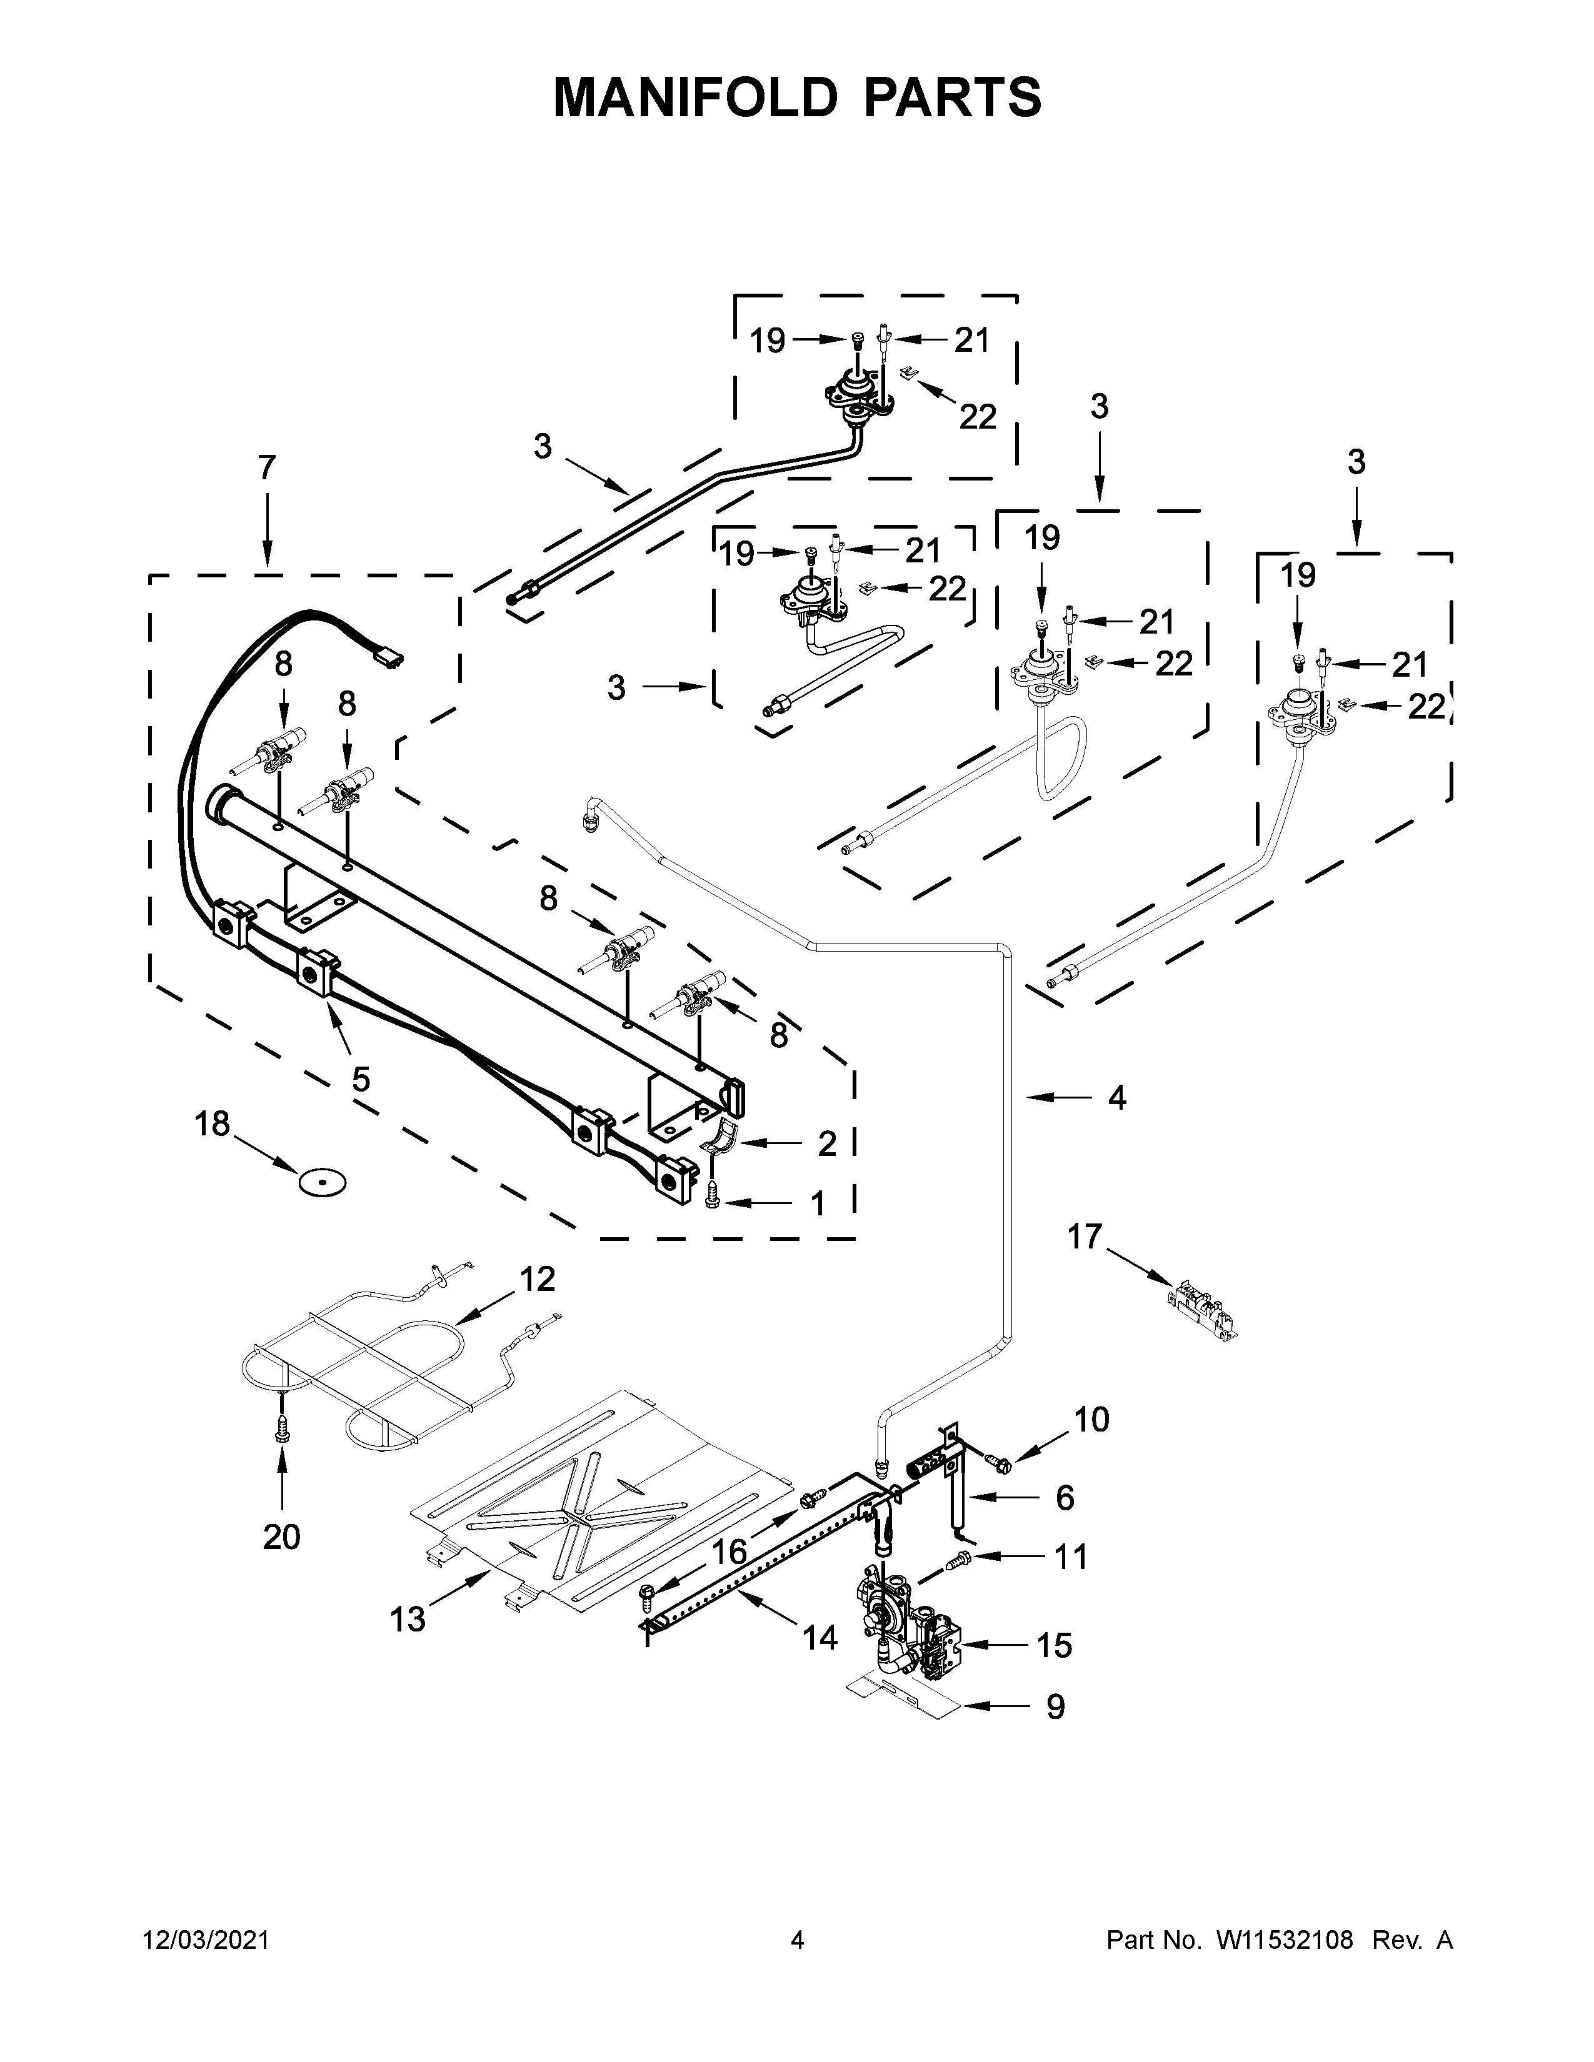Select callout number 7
coord(268,467)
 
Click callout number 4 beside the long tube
coord(1117,1097)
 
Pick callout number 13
coord(408,1620)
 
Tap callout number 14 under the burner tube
coord(820,1638)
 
